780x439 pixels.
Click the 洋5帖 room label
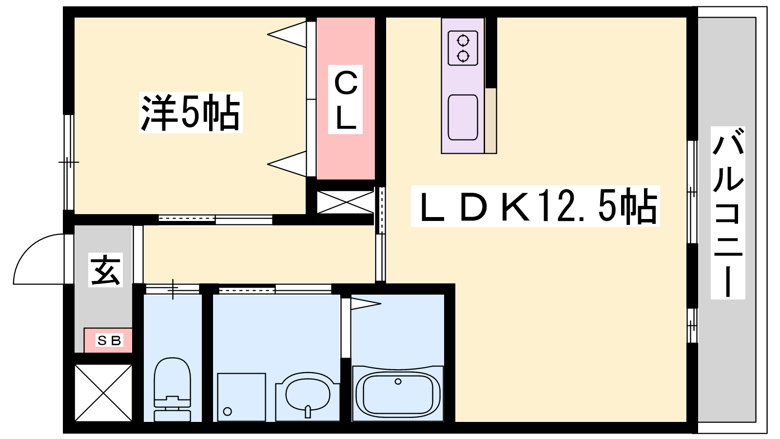coord(191,112)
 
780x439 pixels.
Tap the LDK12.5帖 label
coord(535,206)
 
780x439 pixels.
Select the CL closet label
coord(345,100)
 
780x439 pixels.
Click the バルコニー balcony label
coord(728,213)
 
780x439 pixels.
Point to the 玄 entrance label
coord(105,270)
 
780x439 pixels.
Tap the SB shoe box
coord(108,340)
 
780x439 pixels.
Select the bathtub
coord(398,393)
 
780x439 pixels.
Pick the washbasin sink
coord(308,397)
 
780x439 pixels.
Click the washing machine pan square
coord(242,397)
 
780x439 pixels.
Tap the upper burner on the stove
coord(463,41)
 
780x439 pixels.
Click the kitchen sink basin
coord(463,118)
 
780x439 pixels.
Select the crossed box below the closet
coord(345,202)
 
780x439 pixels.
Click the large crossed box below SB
coord(103,393)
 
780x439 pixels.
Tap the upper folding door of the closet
coord(287,34)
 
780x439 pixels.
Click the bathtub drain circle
coord(398,381)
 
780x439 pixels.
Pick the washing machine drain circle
coord(227,412)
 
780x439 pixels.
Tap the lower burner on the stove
coord(463,56)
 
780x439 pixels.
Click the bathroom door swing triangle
coord(366,303)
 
